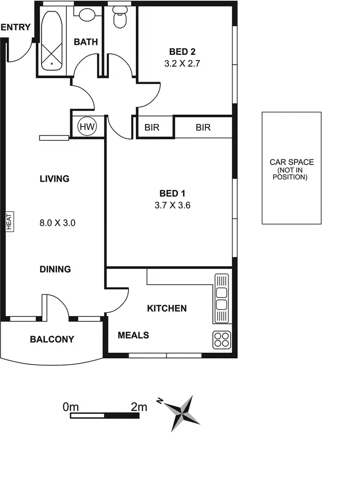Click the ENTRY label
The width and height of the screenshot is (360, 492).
click(16, 27)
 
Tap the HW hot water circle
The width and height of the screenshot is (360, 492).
click(87, 127)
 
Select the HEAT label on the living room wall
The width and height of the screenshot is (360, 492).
click(9, 222)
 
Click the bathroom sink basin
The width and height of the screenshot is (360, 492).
click(87, 14)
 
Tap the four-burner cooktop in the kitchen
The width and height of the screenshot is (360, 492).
click(222, 340)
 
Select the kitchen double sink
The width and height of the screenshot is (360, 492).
click(221, 298)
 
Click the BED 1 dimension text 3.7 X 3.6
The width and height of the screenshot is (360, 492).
click(172, 206)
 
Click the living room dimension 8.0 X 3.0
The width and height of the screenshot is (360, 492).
click(58, 223)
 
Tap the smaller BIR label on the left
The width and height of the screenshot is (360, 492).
click(152, 128)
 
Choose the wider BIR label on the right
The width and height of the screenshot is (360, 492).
click(203, 128)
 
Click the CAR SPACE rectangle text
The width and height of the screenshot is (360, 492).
click(291, 169)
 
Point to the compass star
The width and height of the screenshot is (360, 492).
click(183, 413)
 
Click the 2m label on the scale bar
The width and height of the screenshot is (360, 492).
click(139, 407)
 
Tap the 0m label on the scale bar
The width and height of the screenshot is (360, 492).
click(70, 407)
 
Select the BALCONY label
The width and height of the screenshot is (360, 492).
click(52, 339)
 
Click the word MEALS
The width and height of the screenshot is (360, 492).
click(133, 335)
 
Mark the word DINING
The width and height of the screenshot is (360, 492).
click(55, 270)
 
